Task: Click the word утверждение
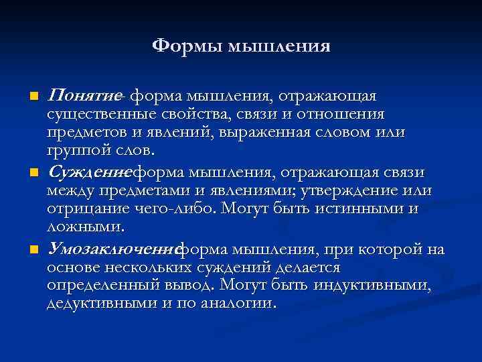[359, 190]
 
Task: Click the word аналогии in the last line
[241, 303]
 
